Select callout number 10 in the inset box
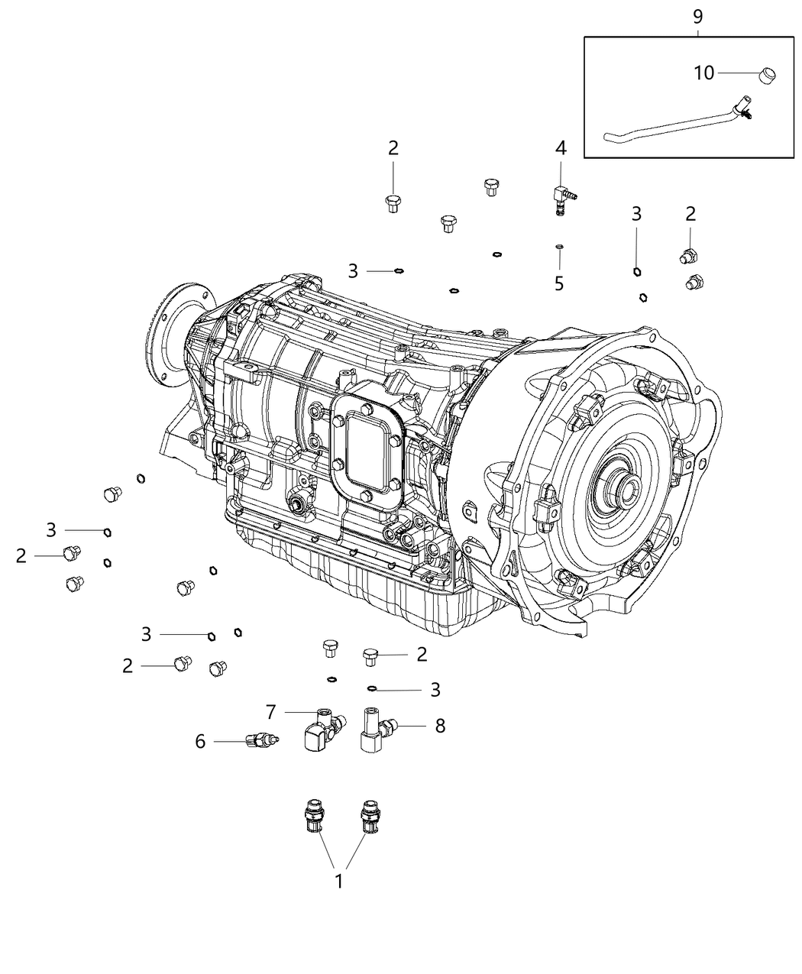[703, 73]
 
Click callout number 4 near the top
[561, 148]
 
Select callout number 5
[559, 283]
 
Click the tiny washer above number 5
[559, 246]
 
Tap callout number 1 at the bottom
[338, 881]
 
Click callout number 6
[200, 741]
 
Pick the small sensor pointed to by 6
[262, 739]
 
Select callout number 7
[270, 712]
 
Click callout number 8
[440, 725]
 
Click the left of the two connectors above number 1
[314, 816]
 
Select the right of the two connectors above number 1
[369, 816]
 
